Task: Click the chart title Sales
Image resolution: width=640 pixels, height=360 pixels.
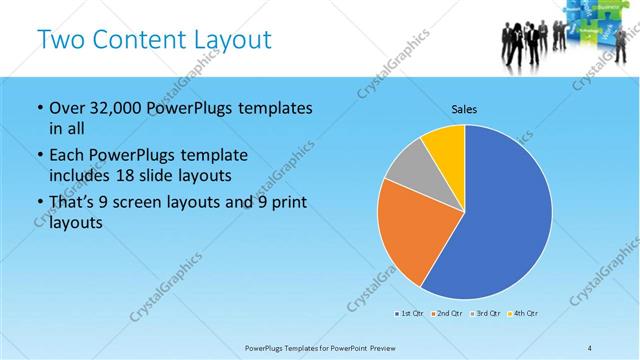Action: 464,108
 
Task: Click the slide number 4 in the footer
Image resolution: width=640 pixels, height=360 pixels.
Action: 589,347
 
